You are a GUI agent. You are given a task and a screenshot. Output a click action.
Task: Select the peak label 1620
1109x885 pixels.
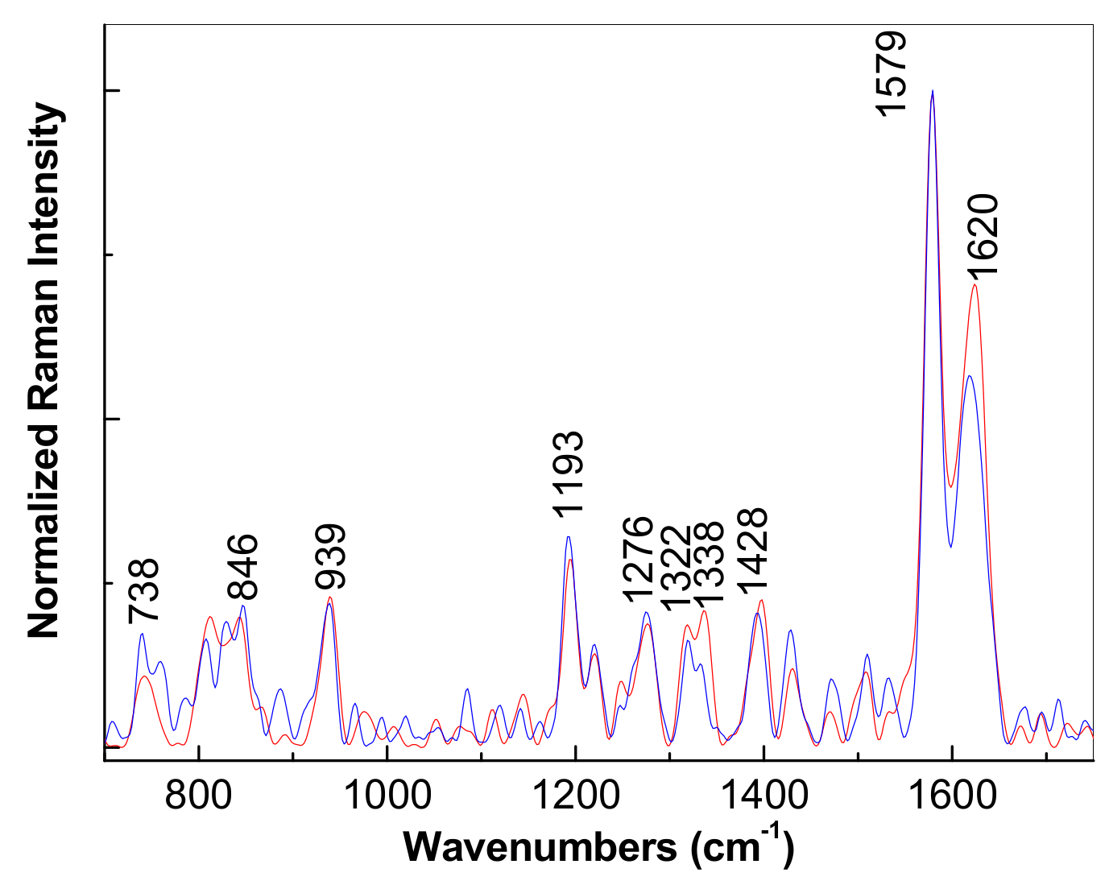click(x=982, y=235)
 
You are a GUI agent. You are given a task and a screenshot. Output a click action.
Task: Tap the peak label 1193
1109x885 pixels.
click(x=568, y=473)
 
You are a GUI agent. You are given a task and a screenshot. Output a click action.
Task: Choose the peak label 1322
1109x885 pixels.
click(x=676, y=567)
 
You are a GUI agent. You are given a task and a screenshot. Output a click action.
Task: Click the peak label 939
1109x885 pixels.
click(x=330, y=557)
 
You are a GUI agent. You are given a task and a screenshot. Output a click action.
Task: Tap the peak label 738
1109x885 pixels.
click(x=145, y=591)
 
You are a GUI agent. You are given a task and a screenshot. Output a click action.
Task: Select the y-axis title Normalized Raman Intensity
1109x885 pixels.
click(x=44, y=370)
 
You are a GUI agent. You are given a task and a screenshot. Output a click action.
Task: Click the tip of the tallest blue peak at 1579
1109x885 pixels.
click(x=933, y=90)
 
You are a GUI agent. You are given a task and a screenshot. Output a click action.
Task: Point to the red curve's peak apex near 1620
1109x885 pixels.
click(x=975, y=284)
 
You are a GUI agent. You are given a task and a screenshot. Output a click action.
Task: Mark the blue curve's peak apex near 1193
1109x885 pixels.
click(x=569, y=536)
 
